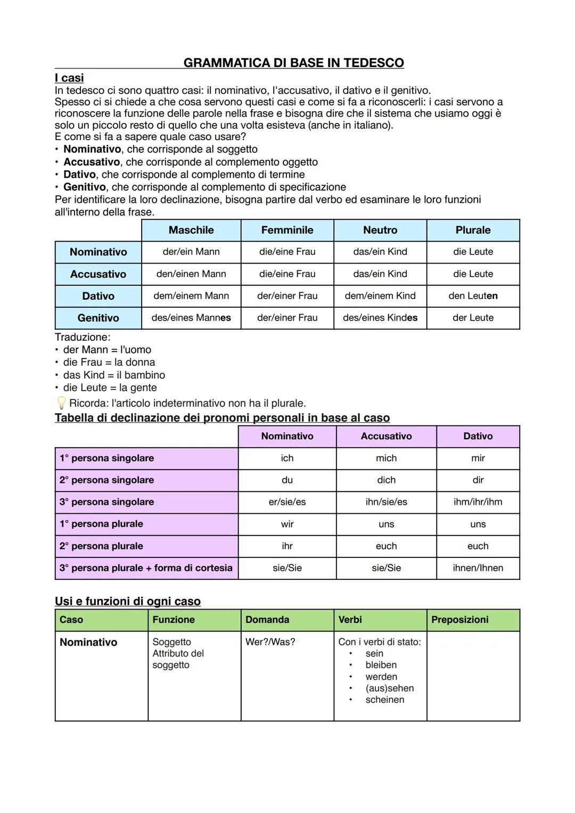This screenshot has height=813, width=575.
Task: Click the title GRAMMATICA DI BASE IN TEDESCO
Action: [x=293, y=63]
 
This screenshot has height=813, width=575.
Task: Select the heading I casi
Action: [x=69, y=78]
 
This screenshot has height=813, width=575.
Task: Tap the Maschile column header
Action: [x=191, y=230]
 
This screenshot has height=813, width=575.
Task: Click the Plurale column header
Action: [x=473, y=230]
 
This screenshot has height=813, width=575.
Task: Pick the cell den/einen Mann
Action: [x=191, y=274]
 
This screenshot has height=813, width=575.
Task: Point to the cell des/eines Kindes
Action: [x=380, y=318]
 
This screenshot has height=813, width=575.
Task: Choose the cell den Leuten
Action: [x=473, y=295]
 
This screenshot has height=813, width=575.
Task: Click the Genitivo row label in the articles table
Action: [x=98, y=318]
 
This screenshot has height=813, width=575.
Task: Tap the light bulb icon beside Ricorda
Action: [x=61, y=403]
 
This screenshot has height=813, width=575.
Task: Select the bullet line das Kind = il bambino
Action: [x=114, y=375]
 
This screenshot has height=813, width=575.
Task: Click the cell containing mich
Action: [x=386, y=458]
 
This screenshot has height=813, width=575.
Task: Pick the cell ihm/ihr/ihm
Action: [x=478, y=502]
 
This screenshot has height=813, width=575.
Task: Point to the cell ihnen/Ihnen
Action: [x=478, y=568]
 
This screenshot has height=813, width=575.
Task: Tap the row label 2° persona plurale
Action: [x=101, y=546]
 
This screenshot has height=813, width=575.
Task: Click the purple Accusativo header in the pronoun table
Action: [x=386, y=436]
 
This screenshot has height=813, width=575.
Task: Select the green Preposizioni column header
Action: [x=459, y=620]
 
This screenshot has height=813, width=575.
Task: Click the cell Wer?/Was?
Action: [x=270, y=642]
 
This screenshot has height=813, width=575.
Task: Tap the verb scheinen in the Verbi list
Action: [x=384, y=700]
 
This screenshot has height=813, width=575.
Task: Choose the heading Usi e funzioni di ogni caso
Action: [x=128, y=601]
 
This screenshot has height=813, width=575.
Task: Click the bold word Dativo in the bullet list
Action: [x=79, y=175]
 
